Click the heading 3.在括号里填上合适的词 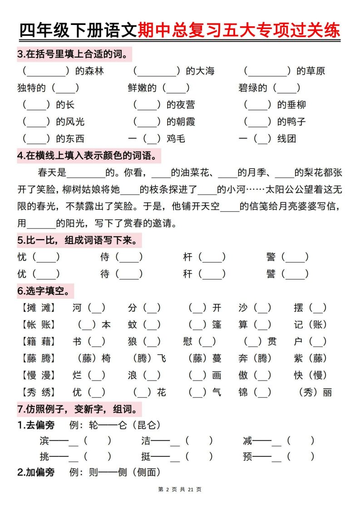[73, 54]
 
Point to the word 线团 [287, 139]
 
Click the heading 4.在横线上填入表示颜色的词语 [89, 156]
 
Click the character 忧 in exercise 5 [22, 257]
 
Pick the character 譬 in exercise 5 [271, 274]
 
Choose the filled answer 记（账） [311, 325]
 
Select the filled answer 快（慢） [311, 376]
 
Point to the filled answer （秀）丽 [316, 392]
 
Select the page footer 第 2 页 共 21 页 [180, 489]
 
